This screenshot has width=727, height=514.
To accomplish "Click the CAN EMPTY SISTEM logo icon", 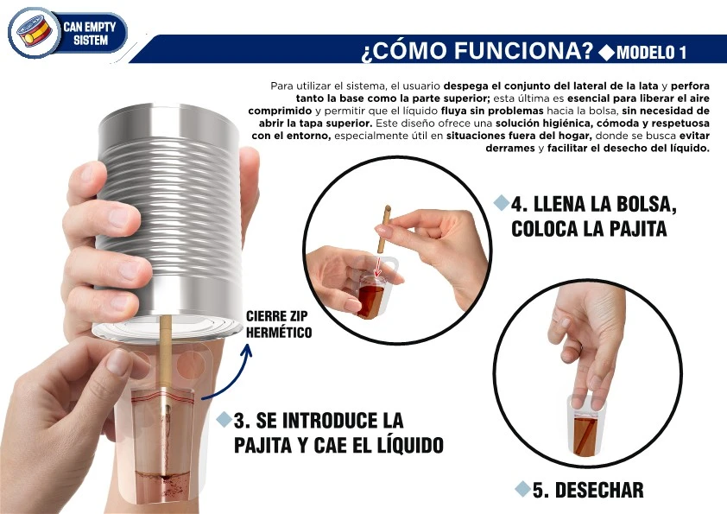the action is pos(33,33).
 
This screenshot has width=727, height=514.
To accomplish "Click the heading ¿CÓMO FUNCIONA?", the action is pos(477,51).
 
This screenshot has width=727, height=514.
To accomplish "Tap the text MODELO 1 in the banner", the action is pos(651,53).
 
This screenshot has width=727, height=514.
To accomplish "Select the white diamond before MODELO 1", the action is pos(606,53).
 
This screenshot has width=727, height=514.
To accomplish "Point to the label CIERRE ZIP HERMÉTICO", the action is pos(279,324).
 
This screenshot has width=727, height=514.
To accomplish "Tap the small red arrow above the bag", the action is pos(377,267).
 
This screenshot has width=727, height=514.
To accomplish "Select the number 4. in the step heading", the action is pos(522,204).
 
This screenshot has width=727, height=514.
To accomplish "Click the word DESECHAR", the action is pos(599,490).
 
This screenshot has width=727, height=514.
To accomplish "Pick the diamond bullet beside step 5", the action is pos(522,489).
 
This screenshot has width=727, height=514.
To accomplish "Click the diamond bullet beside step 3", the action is pos(224,419).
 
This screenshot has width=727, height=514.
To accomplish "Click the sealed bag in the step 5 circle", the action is pos(586,425).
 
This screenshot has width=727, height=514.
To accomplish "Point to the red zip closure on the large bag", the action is pos(163,397).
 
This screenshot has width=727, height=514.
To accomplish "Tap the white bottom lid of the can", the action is pos(167,328).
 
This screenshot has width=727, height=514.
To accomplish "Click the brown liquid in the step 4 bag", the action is pos(372,301).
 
